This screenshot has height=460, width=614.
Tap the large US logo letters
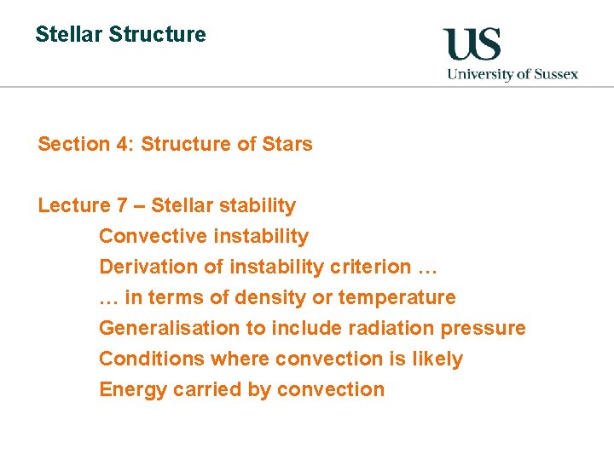pos(472,45)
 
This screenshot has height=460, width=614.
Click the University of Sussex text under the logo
pos(513,74)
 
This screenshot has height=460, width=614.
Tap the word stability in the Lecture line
pos(257,205)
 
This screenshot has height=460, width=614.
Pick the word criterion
pos(369,267)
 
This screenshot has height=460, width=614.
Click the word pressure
pos(486,328)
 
